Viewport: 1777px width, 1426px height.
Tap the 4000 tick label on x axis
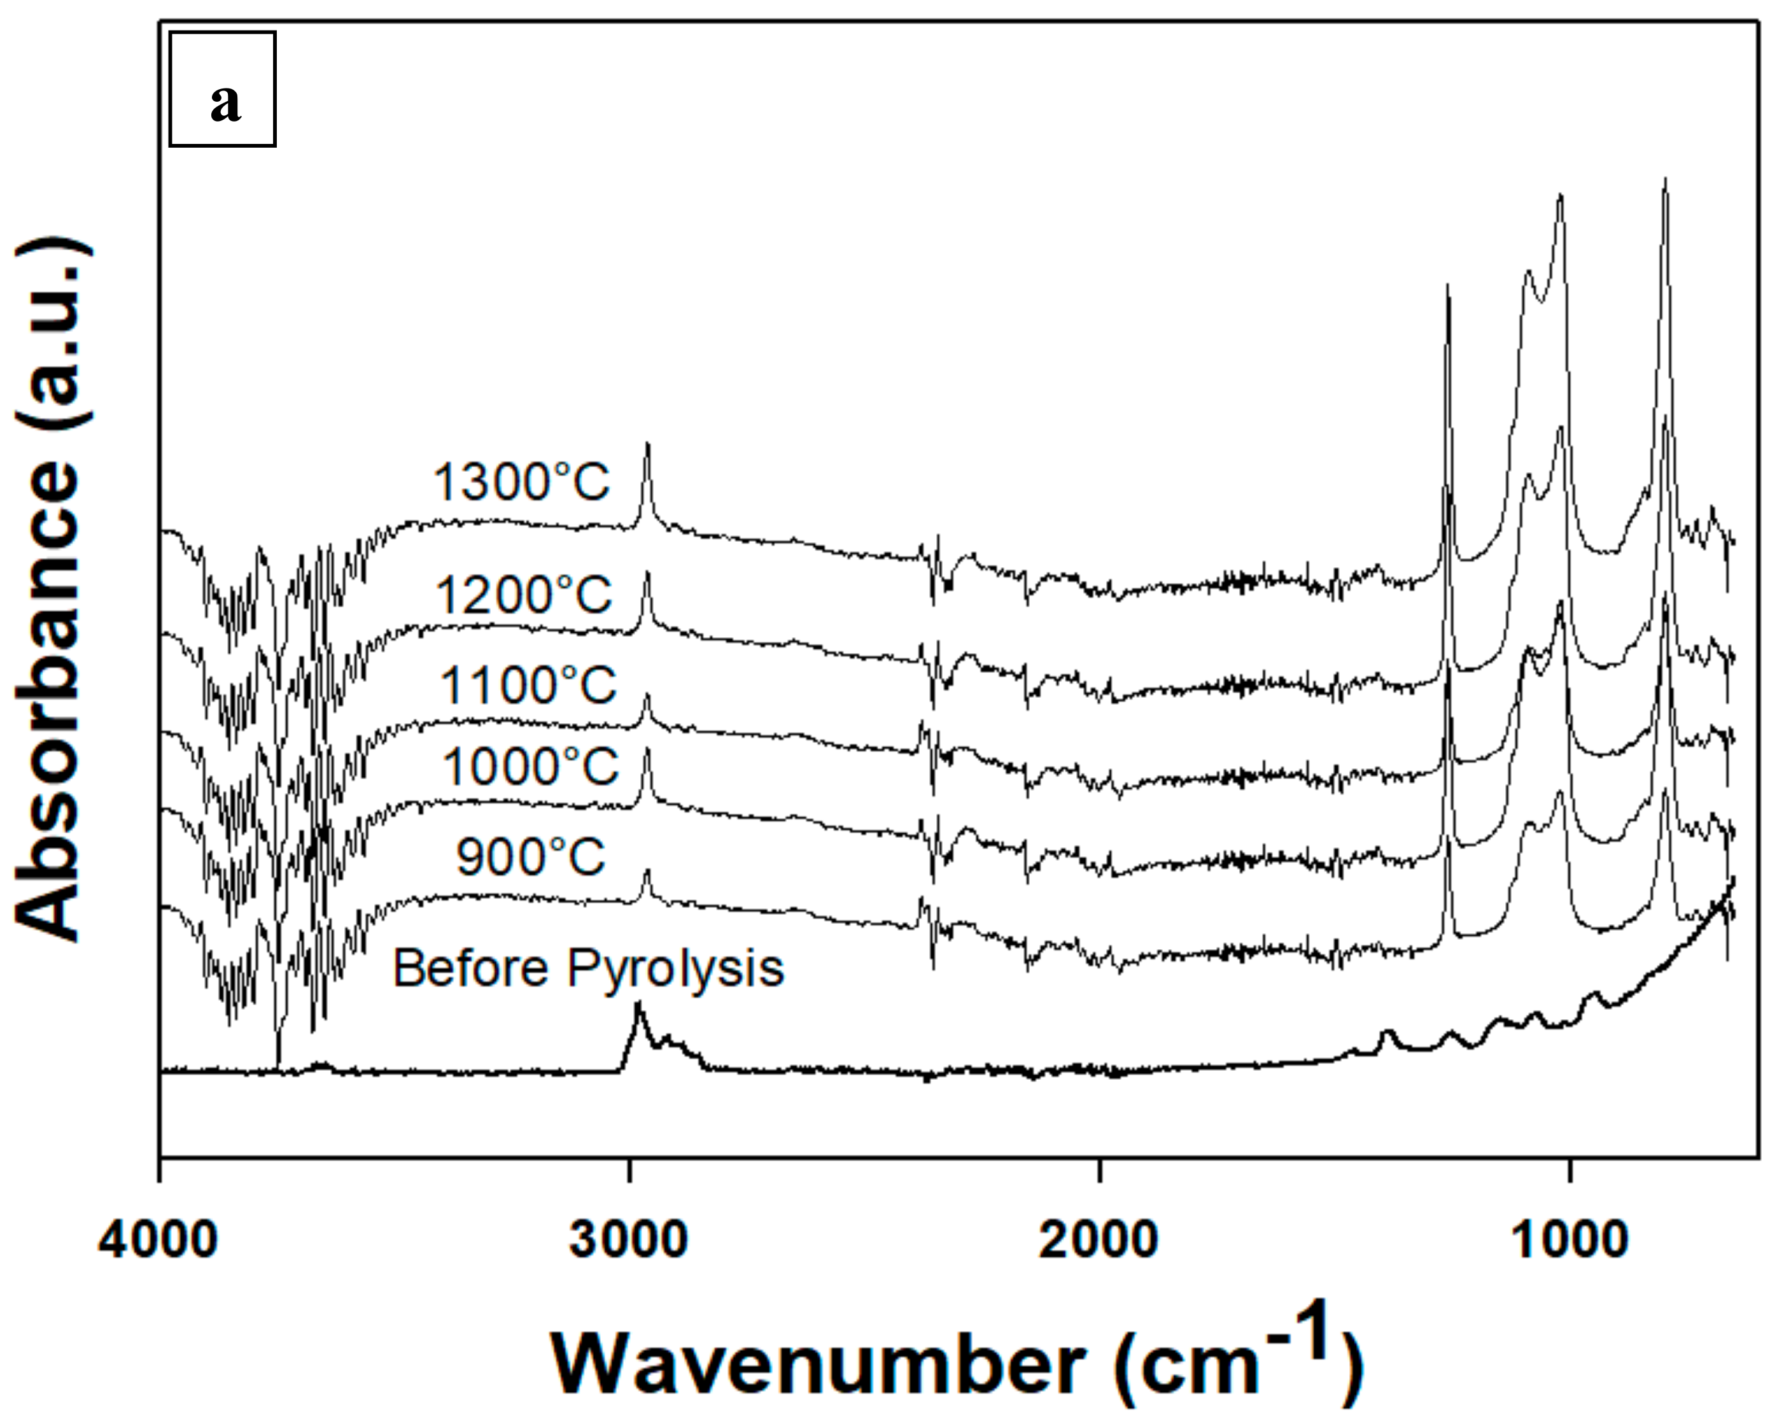pyautogui.click(x=158, y=1239)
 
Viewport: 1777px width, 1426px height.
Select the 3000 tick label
pyautogui.click(x=629, y=1239)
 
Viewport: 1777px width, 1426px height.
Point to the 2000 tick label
pyautogui.click(x=1099, y=1239)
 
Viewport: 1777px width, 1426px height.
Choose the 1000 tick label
pyautogui.click(x=1570, y=1239)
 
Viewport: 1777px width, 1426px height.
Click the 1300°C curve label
pyautogui.click(x=522, y=481)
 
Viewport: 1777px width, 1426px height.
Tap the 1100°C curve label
pyautogui.click(x=528, y=684)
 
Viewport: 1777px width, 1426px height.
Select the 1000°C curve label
pyautogui.click(x=530, y=766)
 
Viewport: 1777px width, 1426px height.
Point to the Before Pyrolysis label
pyautogui.click(x=587, y=968)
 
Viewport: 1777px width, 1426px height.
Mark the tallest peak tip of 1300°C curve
pyautogui.click(x=1666, y=180)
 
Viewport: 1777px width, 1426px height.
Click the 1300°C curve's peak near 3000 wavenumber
pyautogui.click(x=647, y=446)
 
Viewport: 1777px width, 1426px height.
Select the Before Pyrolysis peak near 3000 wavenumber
pyautogui.click(x=637, y=1006)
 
